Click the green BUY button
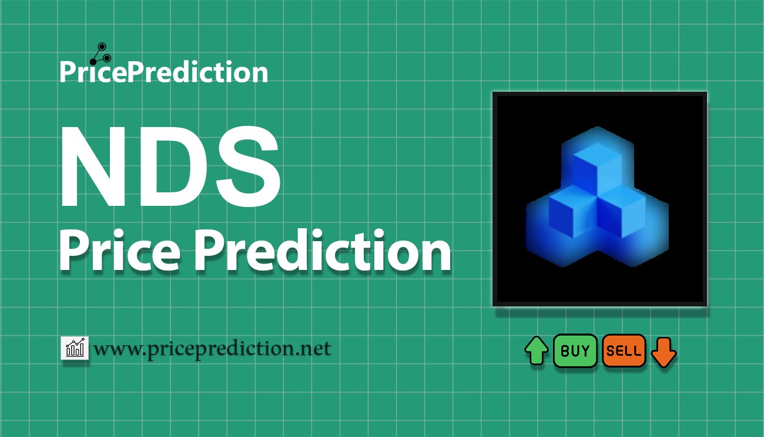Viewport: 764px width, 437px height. pos(575,351)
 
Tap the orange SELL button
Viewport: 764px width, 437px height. pos(624,351)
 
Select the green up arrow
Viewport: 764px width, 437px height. pos(537,351)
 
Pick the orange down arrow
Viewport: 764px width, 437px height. pos(664,352)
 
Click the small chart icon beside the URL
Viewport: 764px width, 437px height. pos(75,348)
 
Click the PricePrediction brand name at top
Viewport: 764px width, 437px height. pos(164,72)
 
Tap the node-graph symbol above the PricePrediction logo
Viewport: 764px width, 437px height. pos(100,54)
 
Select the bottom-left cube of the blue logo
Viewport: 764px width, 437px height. pos(573,212)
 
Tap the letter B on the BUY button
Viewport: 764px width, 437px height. pos(565,351)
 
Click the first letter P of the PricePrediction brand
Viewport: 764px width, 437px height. pos(67,72)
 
